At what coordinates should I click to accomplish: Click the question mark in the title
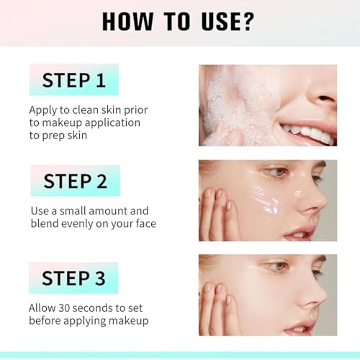[247, 21]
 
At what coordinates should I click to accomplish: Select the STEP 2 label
[74, 181]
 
